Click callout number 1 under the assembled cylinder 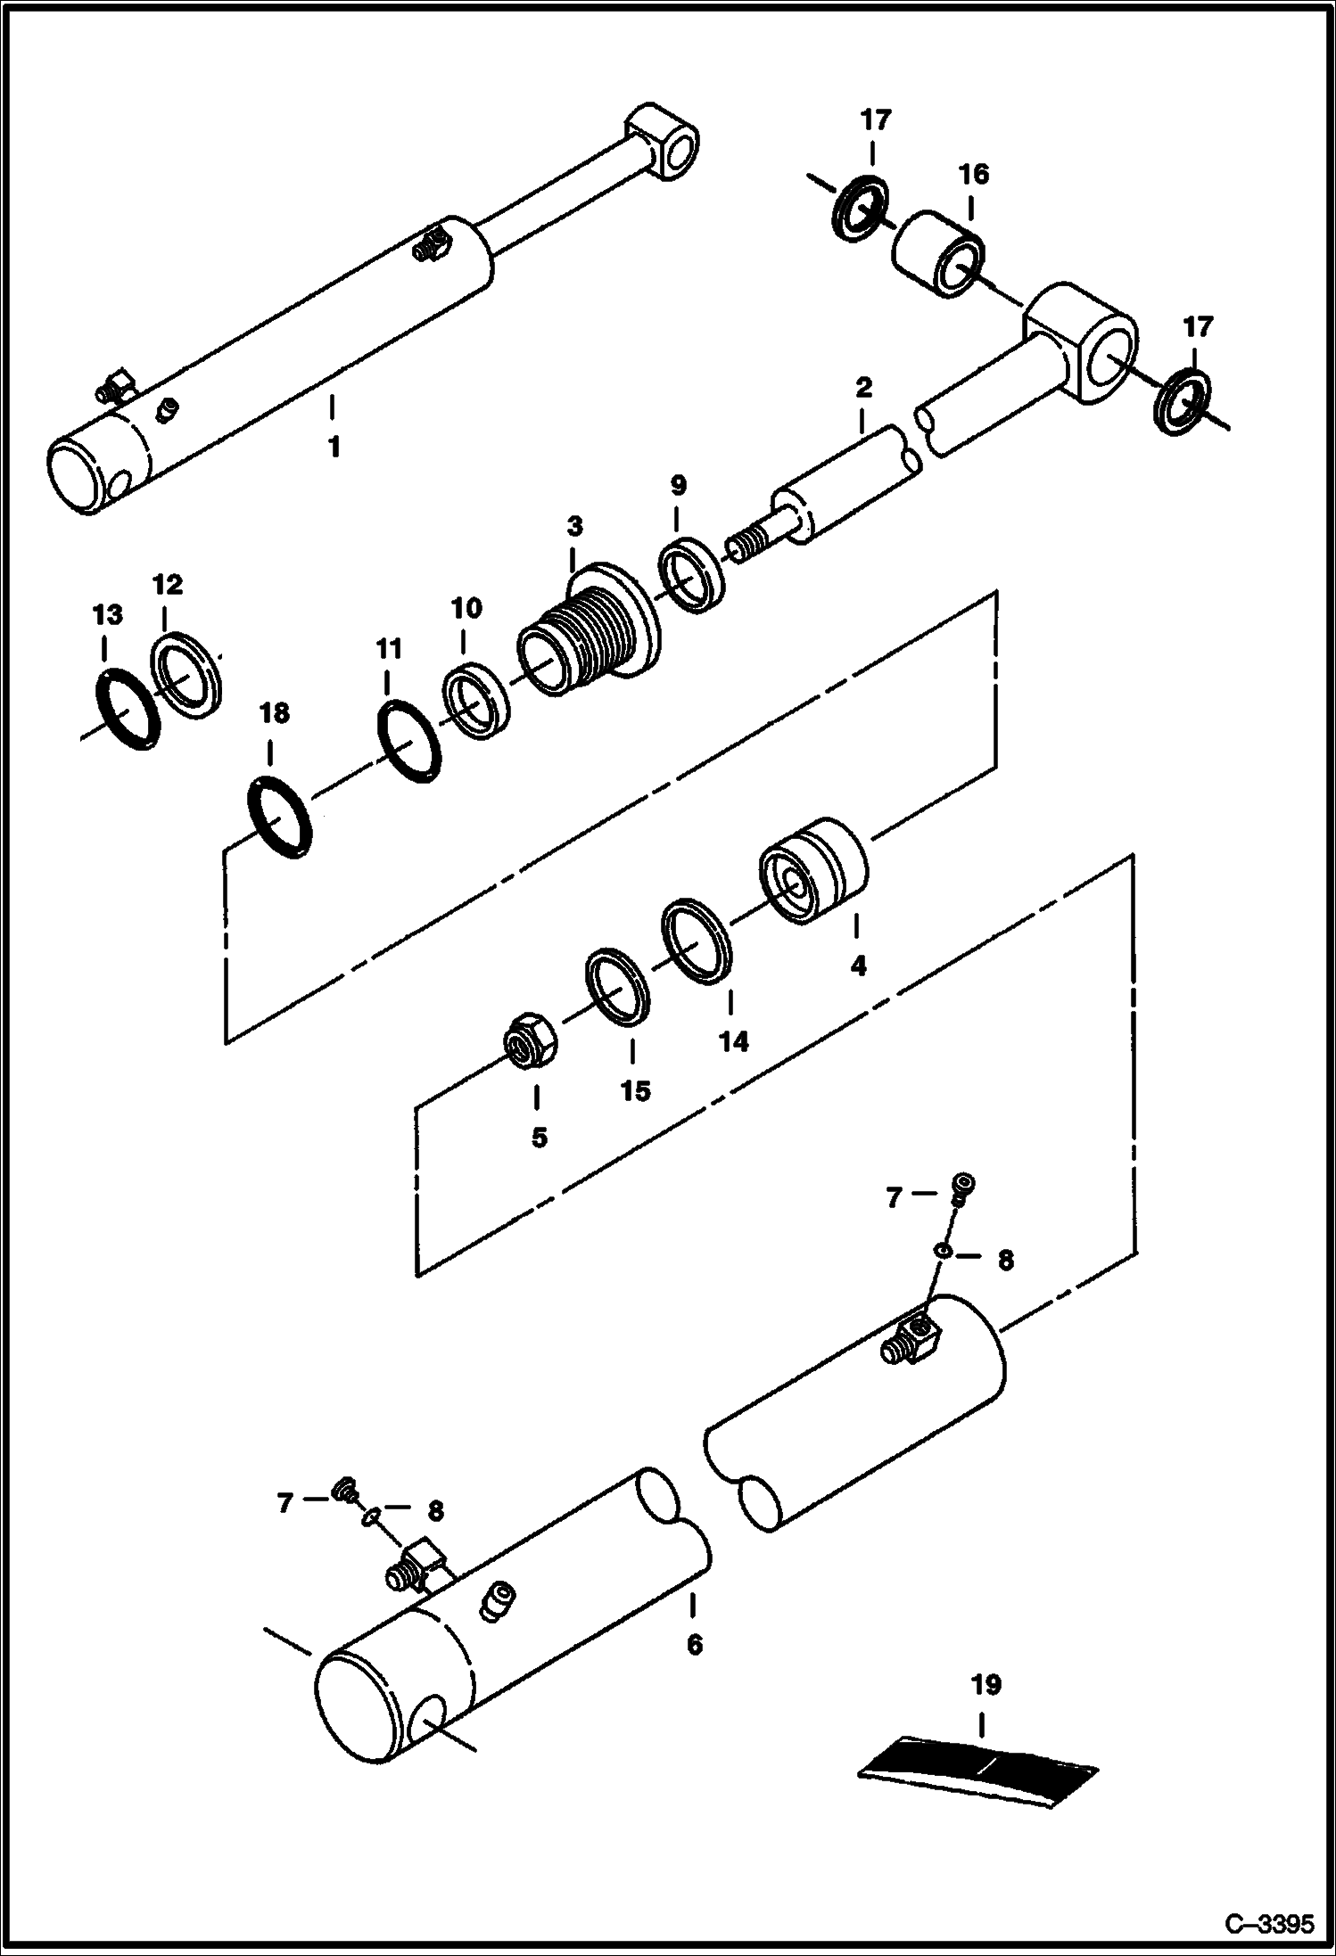click(334, 448)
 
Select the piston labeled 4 click(812, 870)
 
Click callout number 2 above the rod click(862, 389)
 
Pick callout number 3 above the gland click(574, 526)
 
